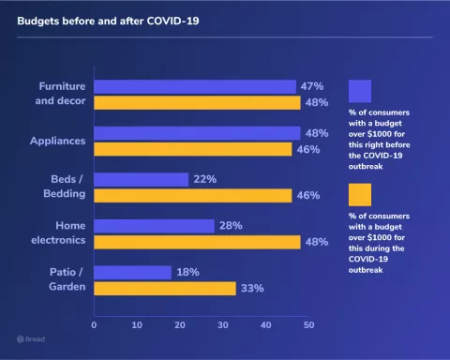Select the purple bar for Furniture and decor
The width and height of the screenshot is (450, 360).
click(195, 86)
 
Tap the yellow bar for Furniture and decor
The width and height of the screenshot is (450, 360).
click(197, 102)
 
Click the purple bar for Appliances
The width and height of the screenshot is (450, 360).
click(197, 133)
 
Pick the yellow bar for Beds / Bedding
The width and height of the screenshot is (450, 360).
click(192, 195)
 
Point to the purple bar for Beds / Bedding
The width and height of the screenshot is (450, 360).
click(141, 179)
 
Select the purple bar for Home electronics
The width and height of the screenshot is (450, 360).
click(154, 226)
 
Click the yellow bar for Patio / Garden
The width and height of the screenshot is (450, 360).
click(164, 288)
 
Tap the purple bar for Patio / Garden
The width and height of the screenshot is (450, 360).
click(132, 272)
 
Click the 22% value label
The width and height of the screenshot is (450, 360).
click(205, 179)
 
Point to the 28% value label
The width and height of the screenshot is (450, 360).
click(231, 226)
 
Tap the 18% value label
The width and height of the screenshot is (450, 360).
click(188, 272)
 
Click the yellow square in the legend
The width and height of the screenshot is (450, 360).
click(360, 194)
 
